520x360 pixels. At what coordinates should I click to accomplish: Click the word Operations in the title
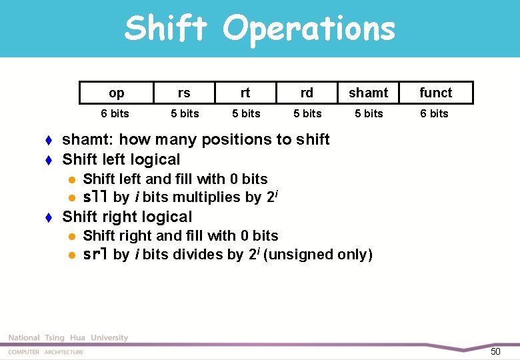pos(309,29)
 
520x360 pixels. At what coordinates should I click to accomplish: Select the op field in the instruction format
pos(116,93)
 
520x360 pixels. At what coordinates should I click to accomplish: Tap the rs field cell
pos(184,93)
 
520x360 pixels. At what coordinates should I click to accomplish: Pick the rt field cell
pos(245,93)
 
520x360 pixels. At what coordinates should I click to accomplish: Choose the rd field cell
pos(307,93)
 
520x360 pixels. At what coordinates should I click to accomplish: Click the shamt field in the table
pos(368,93)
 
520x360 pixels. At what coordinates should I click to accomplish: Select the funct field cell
pos(436,93)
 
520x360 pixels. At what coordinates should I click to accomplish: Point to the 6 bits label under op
pos(115,113)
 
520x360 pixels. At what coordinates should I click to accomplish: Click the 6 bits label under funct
pos(434,113)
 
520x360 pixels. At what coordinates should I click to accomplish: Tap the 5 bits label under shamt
pos(369,113)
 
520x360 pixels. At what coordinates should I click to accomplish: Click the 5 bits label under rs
pos(185,113)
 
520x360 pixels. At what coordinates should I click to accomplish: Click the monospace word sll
pos(96,197)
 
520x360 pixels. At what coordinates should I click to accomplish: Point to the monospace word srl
pos(96,255)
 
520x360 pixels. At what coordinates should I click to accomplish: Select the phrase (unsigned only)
pos(318,255)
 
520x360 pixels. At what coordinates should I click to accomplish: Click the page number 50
pos(495,351)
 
